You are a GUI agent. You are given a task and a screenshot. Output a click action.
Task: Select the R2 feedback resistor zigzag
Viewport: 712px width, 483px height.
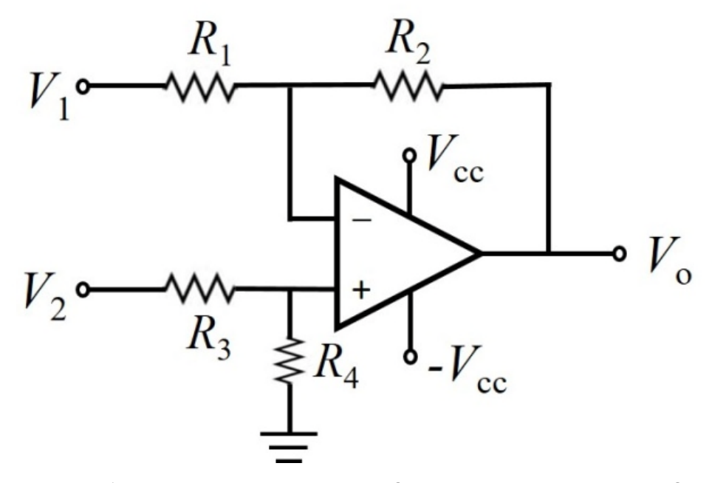click(x=407, y=86)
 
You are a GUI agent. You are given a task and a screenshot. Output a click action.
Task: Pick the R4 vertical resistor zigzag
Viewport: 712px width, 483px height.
click(x=290, y=361)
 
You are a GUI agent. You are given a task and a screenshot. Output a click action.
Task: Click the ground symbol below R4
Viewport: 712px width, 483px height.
click(x=289, y=447)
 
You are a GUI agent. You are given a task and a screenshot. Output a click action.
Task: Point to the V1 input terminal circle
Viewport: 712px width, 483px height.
click(x=83, y=86)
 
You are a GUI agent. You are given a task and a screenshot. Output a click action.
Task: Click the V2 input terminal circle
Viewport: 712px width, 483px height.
click(x=83, y=289)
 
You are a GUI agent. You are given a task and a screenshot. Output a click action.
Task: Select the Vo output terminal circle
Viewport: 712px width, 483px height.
click(x=620, y=254)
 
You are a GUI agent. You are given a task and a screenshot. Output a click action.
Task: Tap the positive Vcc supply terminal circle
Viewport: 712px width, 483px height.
click(x=410, y=156)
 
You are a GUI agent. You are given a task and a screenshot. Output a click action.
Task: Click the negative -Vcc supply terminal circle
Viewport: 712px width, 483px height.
click(x=410, y=357)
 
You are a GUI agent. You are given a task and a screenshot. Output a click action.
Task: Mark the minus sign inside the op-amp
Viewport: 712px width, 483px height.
click(x=362, y=221)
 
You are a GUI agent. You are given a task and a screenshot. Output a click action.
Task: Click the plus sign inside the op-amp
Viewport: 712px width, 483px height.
click(x=361, y=290)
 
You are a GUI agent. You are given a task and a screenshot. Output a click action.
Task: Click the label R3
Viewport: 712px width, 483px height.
click(x=209, y=339)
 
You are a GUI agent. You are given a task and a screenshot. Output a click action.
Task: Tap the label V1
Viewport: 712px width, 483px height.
click(x=49, y=96)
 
